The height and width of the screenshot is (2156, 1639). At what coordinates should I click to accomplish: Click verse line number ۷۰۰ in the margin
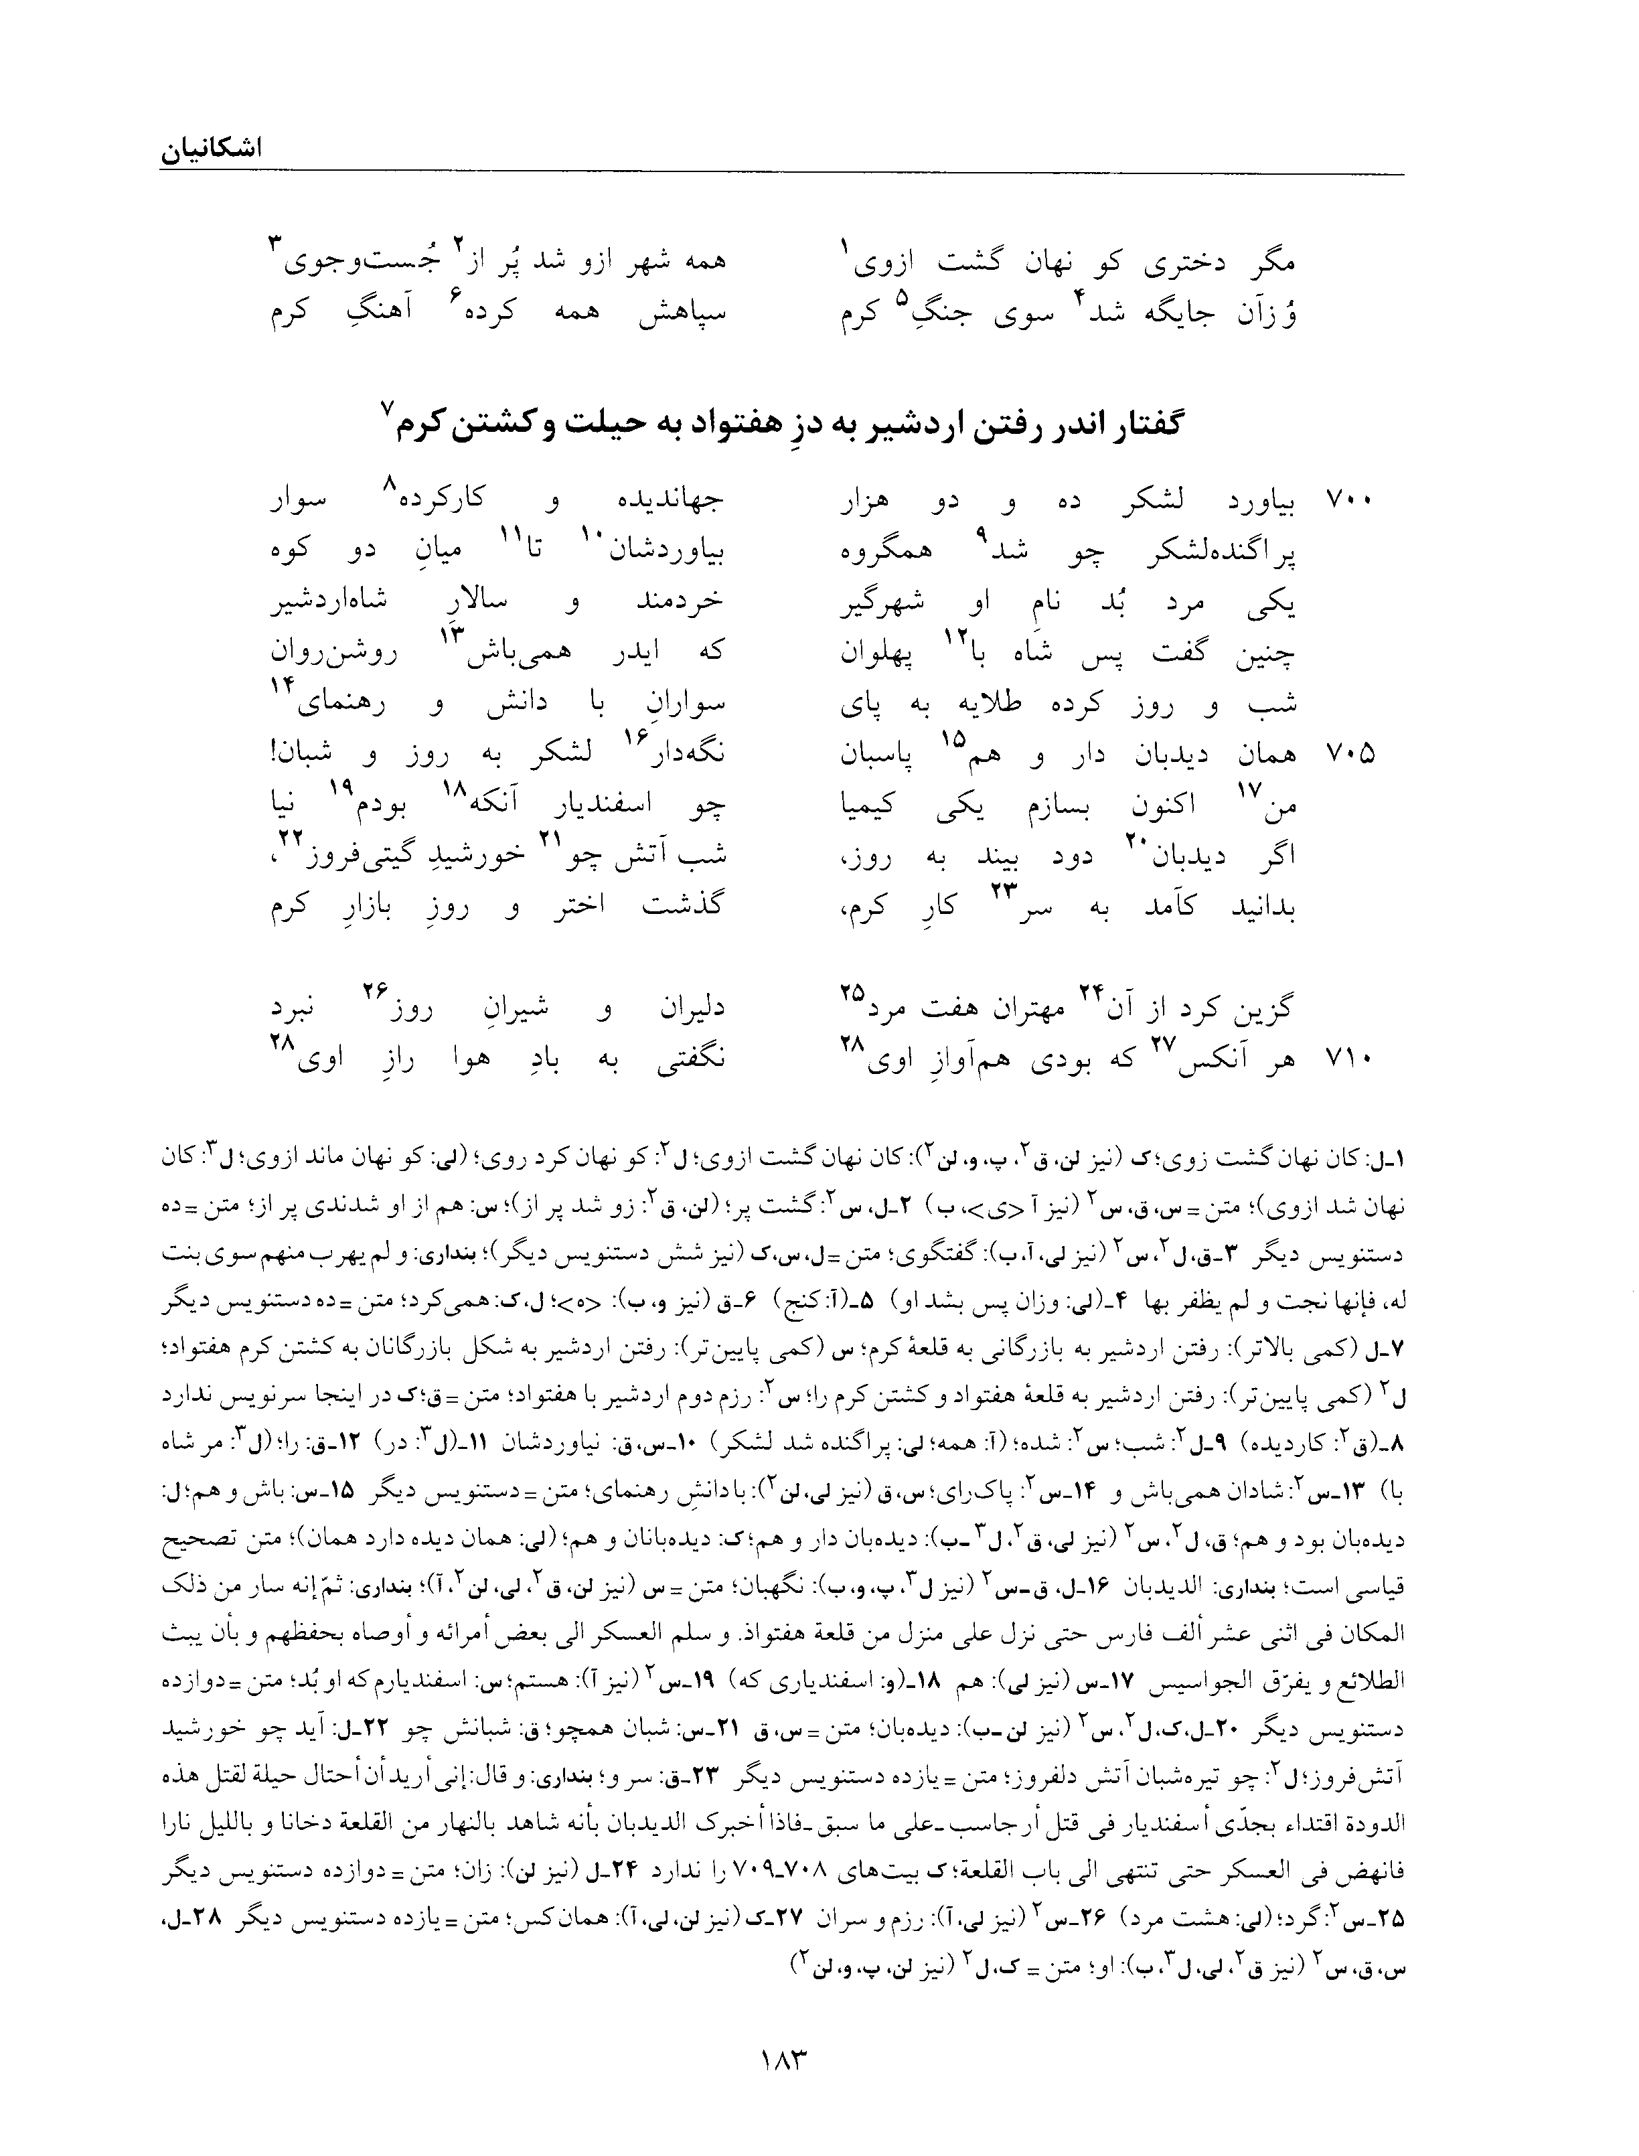[1348, 502]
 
